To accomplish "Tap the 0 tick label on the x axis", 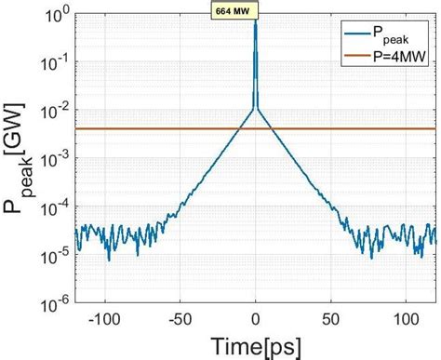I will (256, 320).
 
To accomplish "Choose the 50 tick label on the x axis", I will (331, 320).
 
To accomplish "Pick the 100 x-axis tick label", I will (406, 320).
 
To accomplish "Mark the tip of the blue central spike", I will (256, 20).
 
